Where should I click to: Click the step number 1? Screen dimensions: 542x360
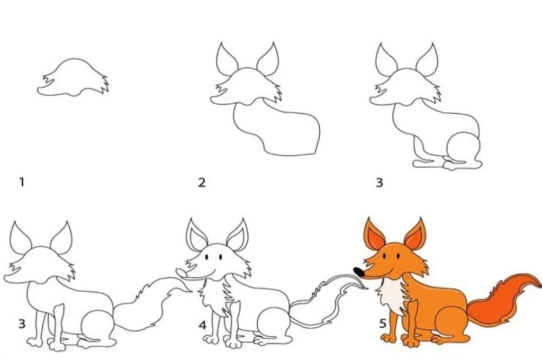point(22,182)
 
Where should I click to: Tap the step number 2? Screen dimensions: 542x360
point(202,182)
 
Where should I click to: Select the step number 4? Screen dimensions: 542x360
point(203,325)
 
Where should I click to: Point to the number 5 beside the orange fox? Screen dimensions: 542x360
point(382,323)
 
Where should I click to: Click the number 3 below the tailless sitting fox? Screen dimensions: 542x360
point(379,182)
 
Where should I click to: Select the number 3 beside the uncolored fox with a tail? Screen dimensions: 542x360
point(22,323)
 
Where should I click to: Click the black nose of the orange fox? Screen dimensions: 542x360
point(359,272)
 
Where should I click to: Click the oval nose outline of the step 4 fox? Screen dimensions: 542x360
point(182,273)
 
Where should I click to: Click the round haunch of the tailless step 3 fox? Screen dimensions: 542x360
point(463,148)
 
